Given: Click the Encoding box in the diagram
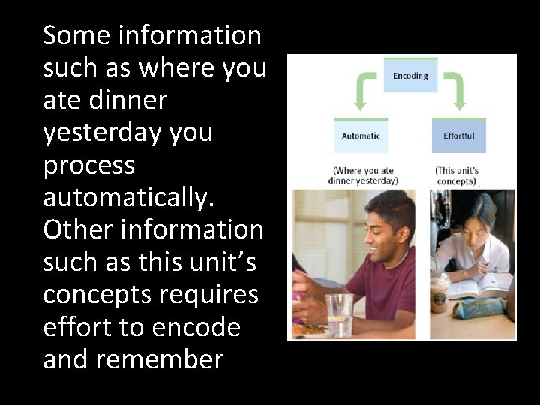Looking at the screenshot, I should pos(410,75).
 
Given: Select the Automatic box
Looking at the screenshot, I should pos(361,136).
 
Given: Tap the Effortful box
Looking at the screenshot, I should pos(458,136).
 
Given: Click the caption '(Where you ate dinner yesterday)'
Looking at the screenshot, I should pos(363,175).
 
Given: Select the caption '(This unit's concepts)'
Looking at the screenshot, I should pos(456,175).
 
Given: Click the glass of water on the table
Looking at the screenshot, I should pos(339,313).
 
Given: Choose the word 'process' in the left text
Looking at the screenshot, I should pos(88,165).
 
